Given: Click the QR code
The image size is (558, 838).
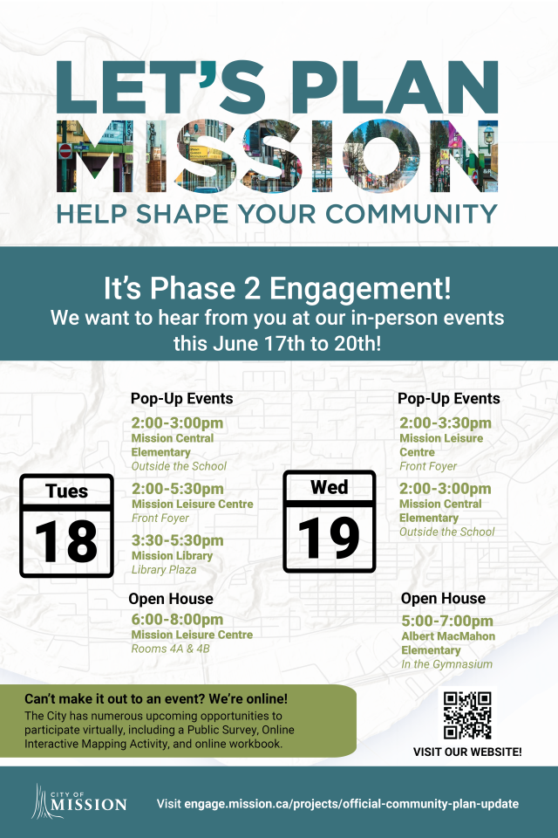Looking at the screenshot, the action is click(467, 715).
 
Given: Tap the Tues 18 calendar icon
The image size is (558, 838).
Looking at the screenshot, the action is click(67, 525).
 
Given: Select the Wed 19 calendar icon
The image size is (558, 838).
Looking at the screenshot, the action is click(330, 522).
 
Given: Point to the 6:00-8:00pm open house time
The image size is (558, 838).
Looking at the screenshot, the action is click(177, 620).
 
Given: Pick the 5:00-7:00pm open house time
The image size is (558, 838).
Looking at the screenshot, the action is click(447, 621).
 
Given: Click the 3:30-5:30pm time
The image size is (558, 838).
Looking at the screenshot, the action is click(177, 540).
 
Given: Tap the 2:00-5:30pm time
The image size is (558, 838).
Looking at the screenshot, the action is click(177, 489).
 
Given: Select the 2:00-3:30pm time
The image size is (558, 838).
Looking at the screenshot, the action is click(446, 422).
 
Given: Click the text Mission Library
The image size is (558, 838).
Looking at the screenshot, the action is click(172, 556).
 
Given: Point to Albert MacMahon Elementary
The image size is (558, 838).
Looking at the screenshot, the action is click(448, 643).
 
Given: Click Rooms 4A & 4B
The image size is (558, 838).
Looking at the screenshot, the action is click(170, 649).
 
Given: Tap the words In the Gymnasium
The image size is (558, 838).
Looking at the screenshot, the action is click(447, 664).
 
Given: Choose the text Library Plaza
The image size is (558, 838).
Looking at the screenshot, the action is click(164, 570).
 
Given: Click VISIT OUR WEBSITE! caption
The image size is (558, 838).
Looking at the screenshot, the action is click(467, 752).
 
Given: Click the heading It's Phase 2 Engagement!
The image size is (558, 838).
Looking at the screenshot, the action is click(277, 288).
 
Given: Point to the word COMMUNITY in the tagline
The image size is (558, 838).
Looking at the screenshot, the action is click(412, 215).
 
